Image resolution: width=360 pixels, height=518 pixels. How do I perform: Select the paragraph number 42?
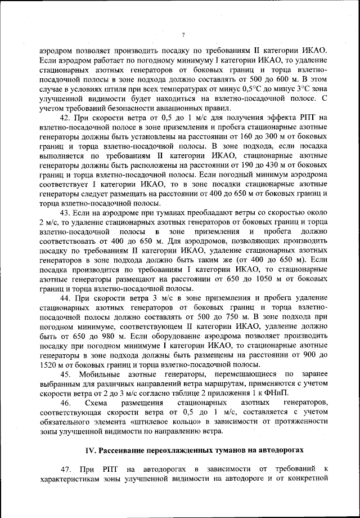click(x=65, y=117)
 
